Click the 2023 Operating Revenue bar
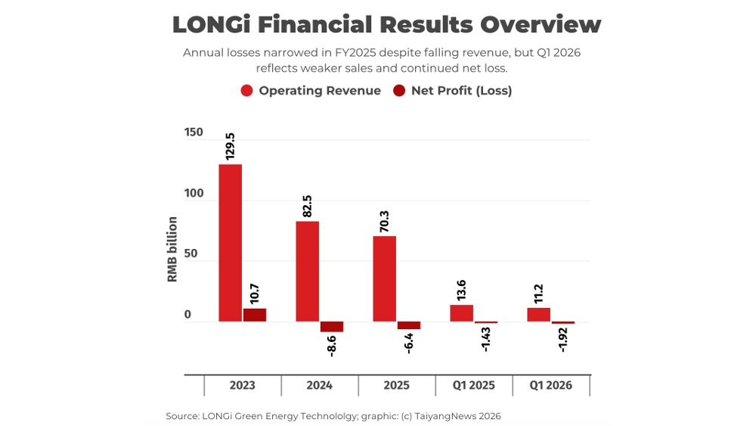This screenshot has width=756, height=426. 231,242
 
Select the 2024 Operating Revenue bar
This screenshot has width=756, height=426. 308,271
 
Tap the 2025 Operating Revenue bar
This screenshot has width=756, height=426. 385,278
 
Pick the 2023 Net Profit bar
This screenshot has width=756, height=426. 255,315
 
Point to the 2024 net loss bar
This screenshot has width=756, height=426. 332,327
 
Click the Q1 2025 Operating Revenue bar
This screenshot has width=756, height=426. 462,313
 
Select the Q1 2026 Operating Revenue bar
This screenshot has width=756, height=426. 539,315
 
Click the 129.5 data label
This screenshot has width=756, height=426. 231,145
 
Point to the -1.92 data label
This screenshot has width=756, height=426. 563,340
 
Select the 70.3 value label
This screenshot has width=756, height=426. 385,219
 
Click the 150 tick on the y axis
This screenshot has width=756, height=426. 194,132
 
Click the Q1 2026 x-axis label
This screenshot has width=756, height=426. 550,385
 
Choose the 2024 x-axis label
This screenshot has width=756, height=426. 319,385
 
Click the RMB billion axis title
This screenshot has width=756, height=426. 172,250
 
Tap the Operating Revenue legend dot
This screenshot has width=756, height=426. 247,91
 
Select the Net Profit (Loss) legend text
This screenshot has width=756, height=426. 461,91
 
